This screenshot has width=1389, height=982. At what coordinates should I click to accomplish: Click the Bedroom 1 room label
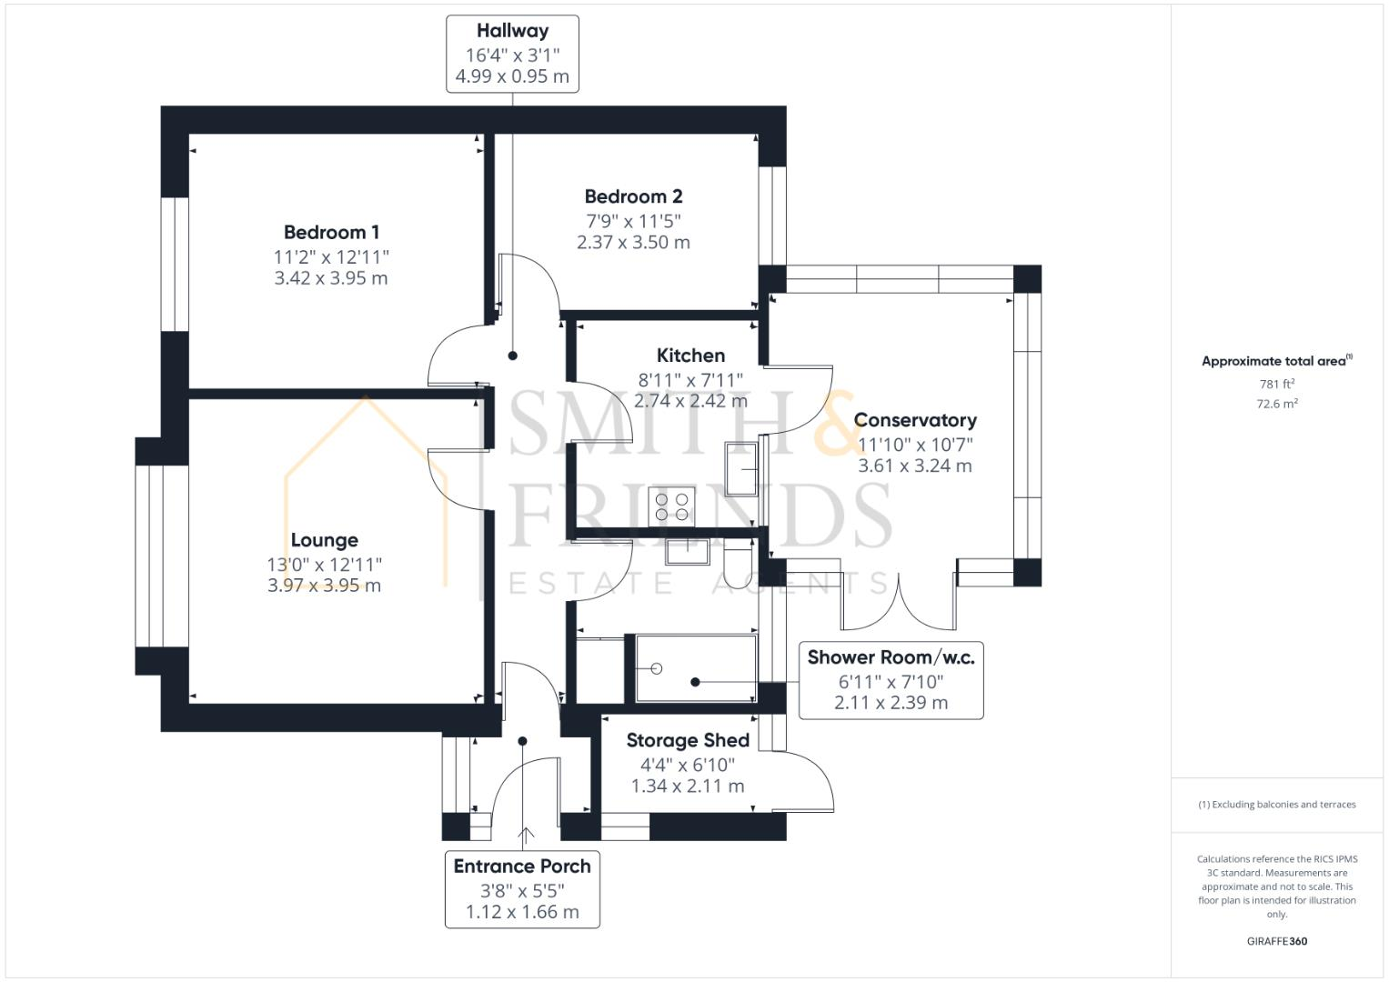pyautogui.click(x=331, y=233)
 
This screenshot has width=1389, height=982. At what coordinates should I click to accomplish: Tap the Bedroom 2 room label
pyautogui.click(x=633, y=196)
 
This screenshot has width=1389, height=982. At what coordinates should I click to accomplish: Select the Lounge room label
pyautogui.click(x=324, y=540)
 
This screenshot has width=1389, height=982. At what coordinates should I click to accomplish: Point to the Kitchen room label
pyautogui.click(x=690, y=356)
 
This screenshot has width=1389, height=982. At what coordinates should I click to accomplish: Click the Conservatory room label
pyautogui.click(x=915, y=420)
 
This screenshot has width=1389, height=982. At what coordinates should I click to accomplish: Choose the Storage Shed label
pyautogui.click(x=688, y=740)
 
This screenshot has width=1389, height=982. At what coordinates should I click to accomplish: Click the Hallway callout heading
pyautogui.click(x=512, y=31)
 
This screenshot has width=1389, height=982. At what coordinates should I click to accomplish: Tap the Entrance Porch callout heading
pyautogui.click(x=522, y=867)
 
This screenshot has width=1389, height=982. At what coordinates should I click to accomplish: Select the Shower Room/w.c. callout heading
pyautogui.click(x=891, y=657)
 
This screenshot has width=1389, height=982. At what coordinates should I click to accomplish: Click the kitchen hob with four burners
pyautogui.click(x=672, y=506)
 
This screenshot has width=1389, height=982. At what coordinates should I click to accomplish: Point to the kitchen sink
pyautogui.click(x=742, y=467)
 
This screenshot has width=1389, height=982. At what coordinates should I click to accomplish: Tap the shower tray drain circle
pyautogui.click(x=656, y=669)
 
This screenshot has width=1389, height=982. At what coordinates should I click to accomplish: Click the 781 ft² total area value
pyautogui.click(x=1276, y=384)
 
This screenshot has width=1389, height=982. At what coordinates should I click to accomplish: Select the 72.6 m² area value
pyautogui.click(x=1276, y=404)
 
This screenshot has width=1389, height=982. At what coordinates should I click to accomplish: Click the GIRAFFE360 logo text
pyautogui.click(x=1276, y=941)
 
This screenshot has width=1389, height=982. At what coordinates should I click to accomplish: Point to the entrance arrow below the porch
pyautogui.click(x=526, y=836)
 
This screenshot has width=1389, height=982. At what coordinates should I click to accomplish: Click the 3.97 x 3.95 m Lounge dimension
pyautogui.click(x=324, y=586)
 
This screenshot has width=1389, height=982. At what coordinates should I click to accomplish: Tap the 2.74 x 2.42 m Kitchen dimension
pyautogui.click(x=690, y=401)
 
